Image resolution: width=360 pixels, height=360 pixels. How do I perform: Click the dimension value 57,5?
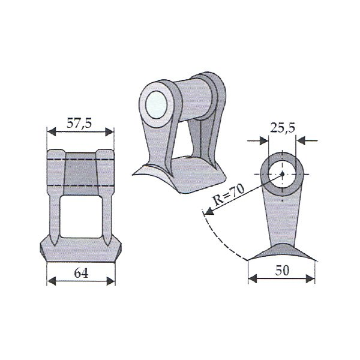click(x=79, y=123)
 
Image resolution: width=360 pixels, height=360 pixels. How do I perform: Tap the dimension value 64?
click(x=81, y=273)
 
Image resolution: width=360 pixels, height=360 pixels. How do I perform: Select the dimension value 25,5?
click(x=283, y=128)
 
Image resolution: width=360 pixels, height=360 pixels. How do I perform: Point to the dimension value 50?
click(x=282, y=271)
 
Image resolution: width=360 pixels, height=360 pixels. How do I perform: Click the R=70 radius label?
click(x=229, y=194)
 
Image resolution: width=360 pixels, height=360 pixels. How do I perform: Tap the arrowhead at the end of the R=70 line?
click(x=209, y=211)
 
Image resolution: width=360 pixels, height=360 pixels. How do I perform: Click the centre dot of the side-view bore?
click(x=282, y=174)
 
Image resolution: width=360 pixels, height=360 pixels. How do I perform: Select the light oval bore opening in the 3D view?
click(x=157, y=104)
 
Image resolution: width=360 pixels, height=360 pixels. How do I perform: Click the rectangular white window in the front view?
click(x=81, y=217)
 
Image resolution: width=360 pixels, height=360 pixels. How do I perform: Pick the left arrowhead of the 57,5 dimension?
click(x=52, y=132)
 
